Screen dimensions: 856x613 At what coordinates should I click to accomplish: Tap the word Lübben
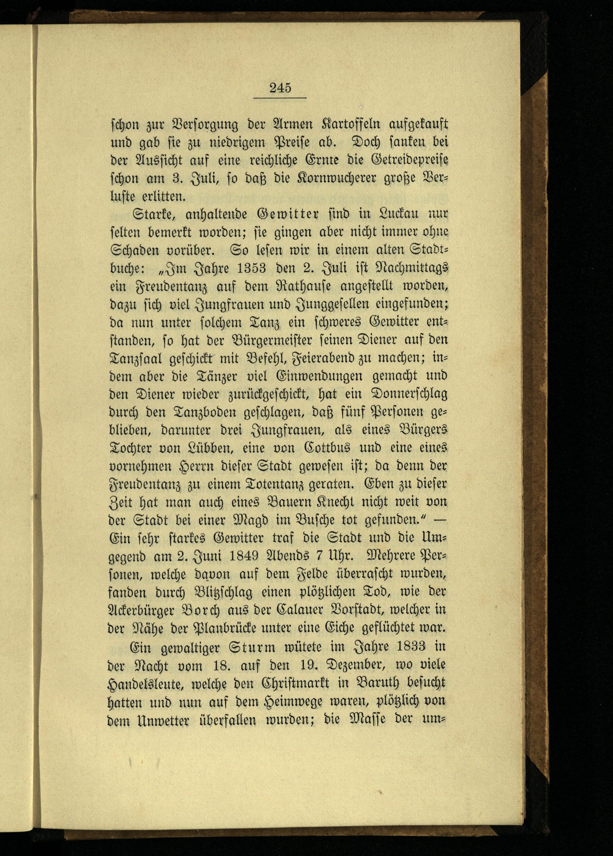point(212,448)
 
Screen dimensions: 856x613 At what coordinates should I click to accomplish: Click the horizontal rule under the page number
point(280,98)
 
